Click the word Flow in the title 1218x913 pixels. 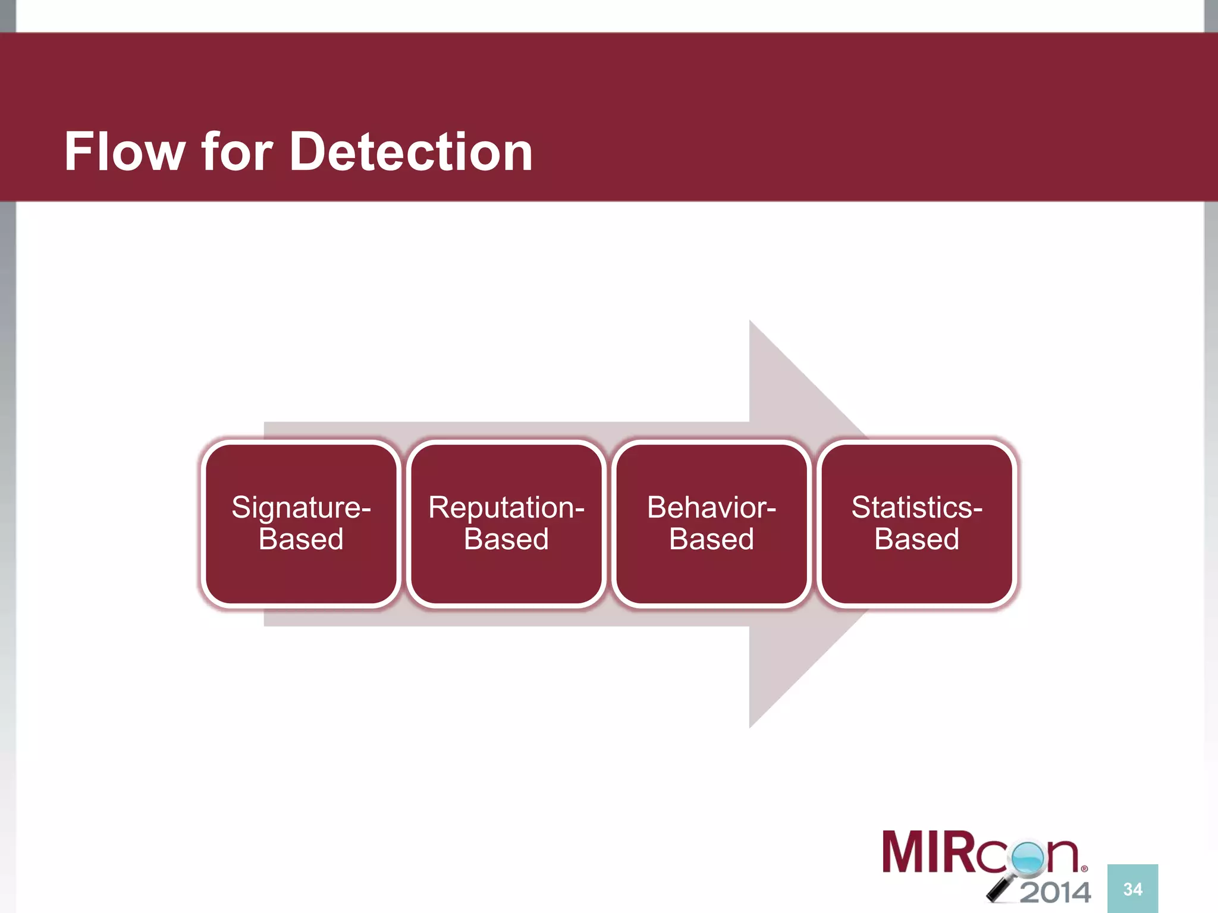click(x=125, y=152)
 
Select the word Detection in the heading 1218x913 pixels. click(x=411, y=152)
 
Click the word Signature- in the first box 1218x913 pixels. click(x=301, y=508)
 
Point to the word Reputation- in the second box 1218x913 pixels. click(x=506, y=508)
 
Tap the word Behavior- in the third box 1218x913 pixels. click(x=711, y=508)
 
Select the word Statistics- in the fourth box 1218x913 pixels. click(x=916, y=508)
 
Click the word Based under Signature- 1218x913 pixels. click(x=301, y=539)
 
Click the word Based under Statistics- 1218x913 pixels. click(x=916, y=539)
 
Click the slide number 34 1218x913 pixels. click(x=1132, y=889)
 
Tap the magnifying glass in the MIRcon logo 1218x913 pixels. click(x=1027, y=859)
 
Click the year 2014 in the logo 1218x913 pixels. click(x=1056, y=892)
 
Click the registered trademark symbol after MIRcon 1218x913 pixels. click(x=1084, y=869)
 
